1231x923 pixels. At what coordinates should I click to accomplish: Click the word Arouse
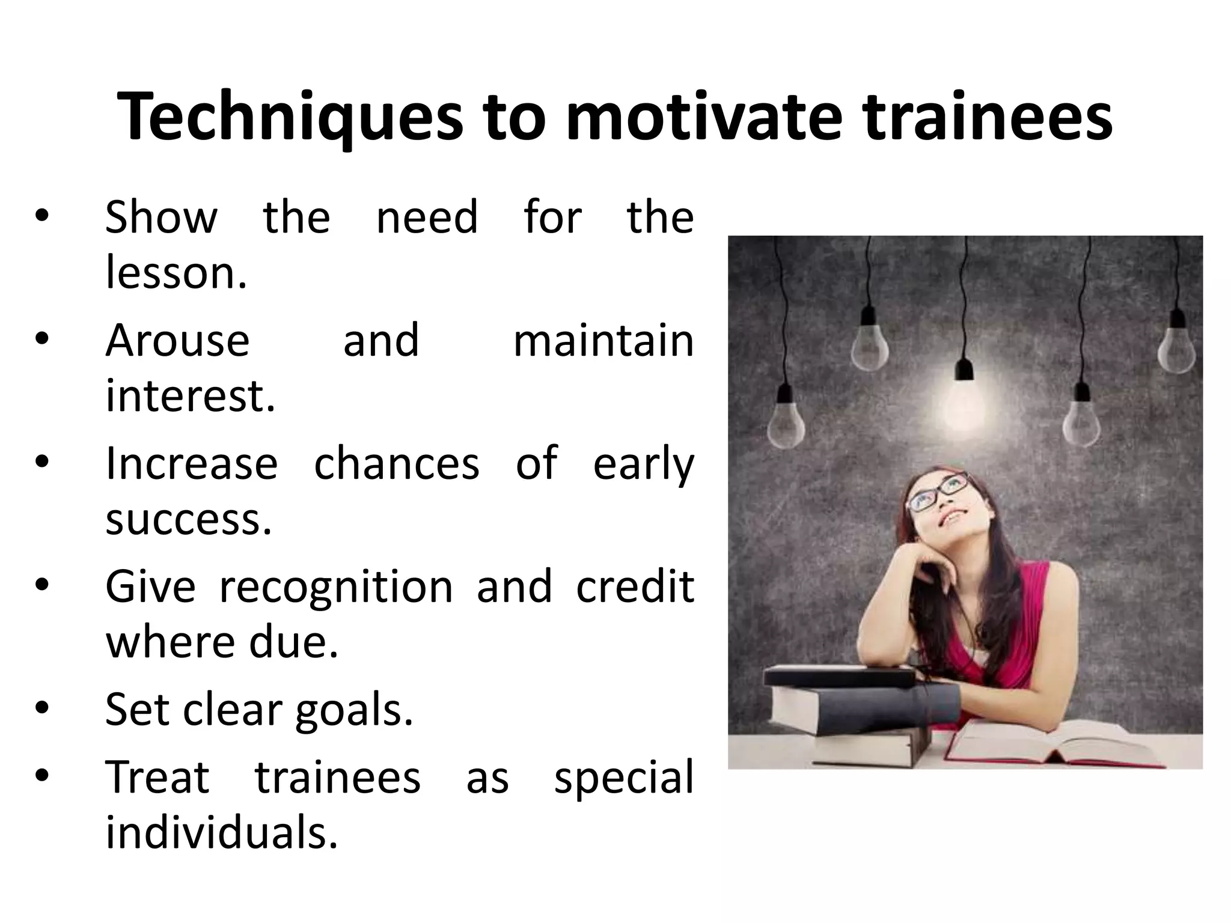(x=177, y=340)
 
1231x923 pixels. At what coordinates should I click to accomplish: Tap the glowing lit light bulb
(x=964, y=401)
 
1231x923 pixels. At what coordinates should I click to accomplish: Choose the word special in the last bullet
(x=623, y=777)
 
